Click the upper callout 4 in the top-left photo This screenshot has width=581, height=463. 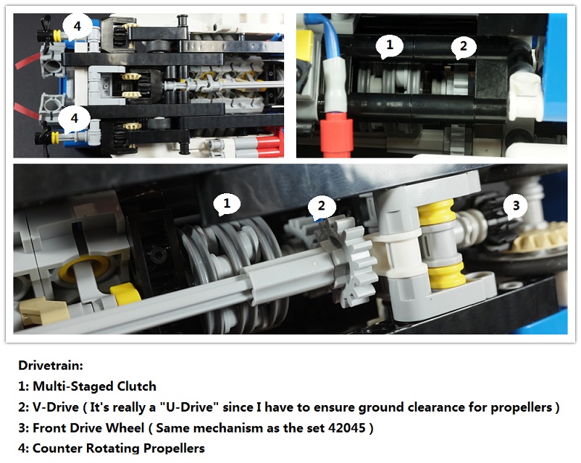pos(77,27)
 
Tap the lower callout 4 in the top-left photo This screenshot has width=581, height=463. pos(75,119)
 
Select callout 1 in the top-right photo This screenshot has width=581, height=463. pos(389,46)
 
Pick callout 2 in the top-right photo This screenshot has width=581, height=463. pos(463,47)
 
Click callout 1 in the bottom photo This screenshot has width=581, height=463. pos(227,203)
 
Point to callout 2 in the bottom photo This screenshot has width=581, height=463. pos(321,205)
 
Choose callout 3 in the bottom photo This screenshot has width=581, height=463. pos(515,205)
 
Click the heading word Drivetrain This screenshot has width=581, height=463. pos(51,365)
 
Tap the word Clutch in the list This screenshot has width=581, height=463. pos(137,386)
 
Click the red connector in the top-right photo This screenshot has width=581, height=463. pos(335,133)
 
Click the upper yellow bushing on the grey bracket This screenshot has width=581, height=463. pos(437,212)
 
